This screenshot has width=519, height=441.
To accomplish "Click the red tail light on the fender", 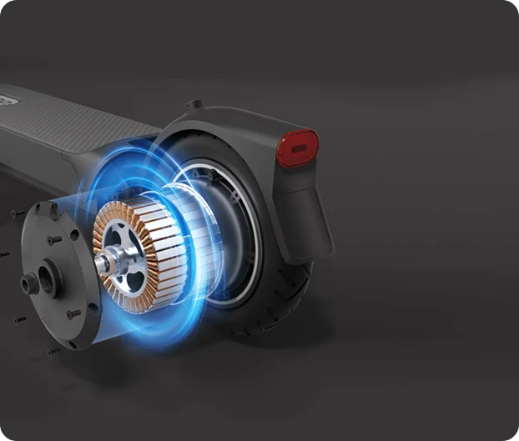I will coord(297,148).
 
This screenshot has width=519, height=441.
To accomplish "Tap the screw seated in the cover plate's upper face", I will coord(52,240).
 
